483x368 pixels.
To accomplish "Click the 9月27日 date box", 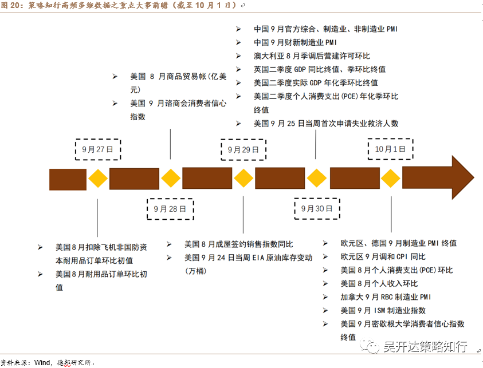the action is (x=98, y=149).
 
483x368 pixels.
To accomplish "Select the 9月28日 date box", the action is (x=170, y=209).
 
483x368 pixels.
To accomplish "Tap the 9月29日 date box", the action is (x=243, y=149).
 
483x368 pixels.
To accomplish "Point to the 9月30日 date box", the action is (x=316, y=209).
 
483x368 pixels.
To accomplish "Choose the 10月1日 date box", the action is (x=390, y=149).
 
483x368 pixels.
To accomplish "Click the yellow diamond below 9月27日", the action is (x=98, y=179).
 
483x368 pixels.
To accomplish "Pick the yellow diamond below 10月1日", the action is (x=391, y=179).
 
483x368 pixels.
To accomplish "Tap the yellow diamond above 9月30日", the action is (x=316, y=179).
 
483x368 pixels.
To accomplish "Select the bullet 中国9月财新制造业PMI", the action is (x=296, y=42).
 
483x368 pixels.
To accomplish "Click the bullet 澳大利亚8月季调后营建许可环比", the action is (x=312, y=56).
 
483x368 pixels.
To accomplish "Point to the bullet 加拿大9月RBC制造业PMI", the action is (x=385, y=297).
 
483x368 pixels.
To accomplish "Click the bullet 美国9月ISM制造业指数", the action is (x=383, y=310).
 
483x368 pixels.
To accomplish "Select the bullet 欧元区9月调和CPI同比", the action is (x=383, y=256).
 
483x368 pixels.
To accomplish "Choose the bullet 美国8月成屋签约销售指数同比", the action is (x=238, y=244).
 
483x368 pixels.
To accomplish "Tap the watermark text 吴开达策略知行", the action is (x=425, y=346).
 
